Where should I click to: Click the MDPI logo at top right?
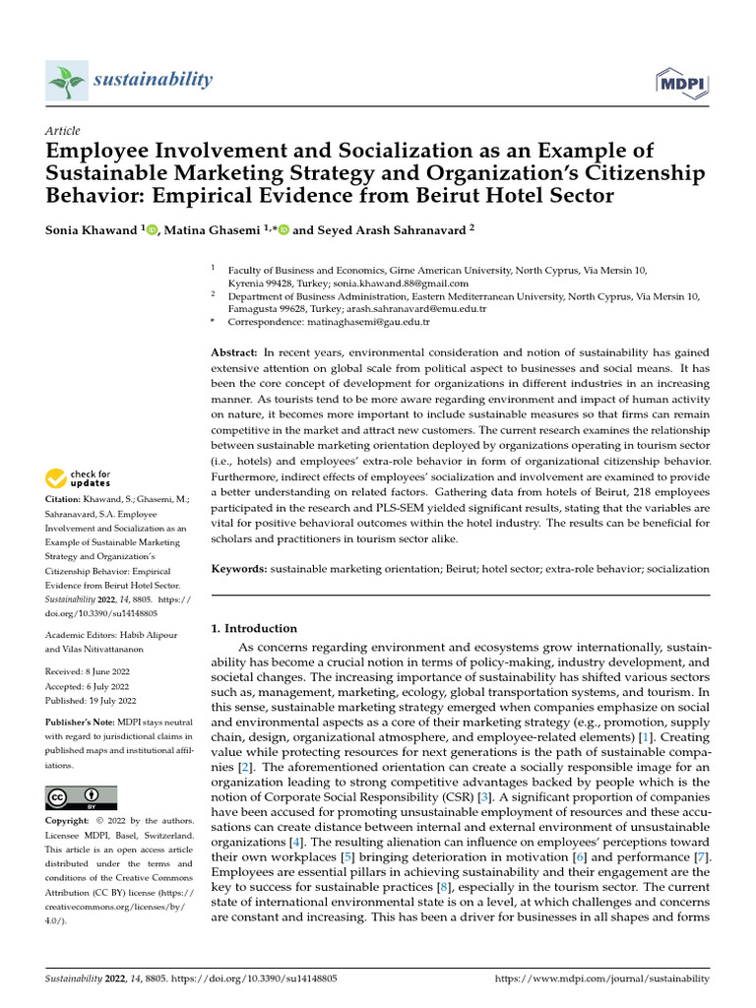683,82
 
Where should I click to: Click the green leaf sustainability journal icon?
66,80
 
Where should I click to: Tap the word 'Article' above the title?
63,131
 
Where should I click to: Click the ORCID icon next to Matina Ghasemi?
284,230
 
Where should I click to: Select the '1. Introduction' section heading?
255,628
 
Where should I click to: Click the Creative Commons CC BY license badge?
81,797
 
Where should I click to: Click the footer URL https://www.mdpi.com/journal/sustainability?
600,979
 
